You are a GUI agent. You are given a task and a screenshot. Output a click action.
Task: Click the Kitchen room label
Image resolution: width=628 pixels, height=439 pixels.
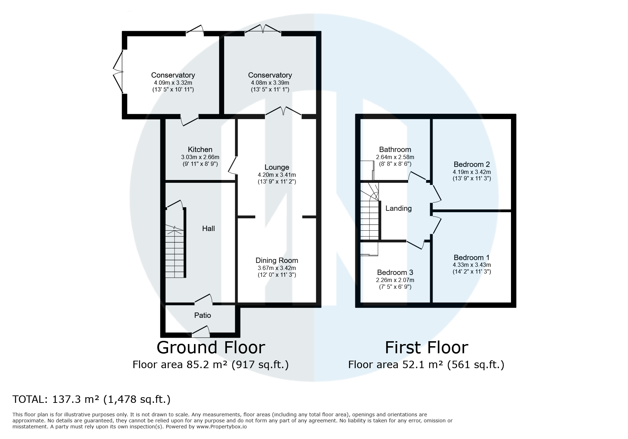pyautogui.click(x=200, y=150)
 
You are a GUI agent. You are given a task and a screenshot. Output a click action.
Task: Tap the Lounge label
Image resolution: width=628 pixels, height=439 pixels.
pyautogui.click(x=277, y=167)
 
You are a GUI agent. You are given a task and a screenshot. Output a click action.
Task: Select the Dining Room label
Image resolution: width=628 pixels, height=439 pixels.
pyautogui.click(x=277, y=260)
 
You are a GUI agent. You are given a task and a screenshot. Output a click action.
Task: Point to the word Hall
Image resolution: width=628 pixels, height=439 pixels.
pyautogui.click(x=209, y=229)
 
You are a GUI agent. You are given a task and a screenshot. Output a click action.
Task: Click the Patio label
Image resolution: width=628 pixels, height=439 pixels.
pyautogui.click(x=202, y=315)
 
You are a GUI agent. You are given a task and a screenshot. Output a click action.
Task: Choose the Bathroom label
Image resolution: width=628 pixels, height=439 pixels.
pyautogui.click(x=395, y=150)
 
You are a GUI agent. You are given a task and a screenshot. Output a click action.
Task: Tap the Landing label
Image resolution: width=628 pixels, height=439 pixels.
pyautogui.click(x=399, y=208)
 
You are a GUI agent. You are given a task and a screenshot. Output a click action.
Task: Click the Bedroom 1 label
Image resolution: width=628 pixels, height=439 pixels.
pyautogui.click(x=472, y=258)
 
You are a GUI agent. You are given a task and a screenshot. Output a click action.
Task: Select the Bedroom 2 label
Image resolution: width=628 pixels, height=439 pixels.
pyautogui.click(x=472, y=164)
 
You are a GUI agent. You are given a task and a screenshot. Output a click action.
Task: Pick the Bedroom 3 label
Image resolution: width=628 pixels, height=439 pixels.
pyautogui.click(x=395, y=272)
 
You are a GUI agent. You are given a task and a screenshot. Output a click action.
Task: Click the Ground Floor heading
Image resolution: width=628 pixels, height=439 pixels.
pyautogui.click(x=211, y=348)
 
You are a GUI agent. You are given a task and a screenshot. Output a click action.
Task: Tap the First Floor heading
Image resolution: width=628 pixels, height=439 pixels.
pyautogui.click(x=427, y=348)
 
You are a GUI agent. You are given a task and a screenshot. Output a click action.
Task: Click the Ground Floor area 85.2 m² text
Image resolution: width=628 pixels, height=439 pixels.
pyautogui.click(x=211, y=365)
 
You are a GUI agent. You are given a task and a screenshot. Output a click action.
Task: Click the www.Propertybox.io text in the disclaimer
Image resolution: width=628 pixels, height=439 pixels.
pyautogui.click(x=222, y=427)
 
